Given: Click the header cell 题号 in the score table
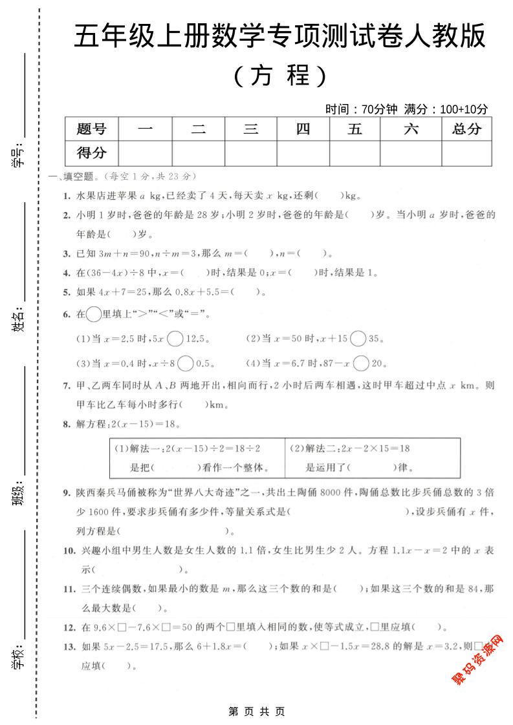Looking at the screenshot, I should pyautogui.click(x=91, y=129).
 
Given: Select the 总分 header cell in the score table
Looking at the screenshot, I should pyautogui.click(x=466, y=129).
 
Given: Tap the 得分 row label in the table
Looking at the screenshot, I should pyautogui.click(x=91, y=153).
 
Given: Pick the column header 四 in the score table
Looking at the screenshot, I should pyautogui.click(x=303, y=129).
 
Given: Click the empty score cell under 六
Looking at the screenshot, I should pyautogui.click(x=411, y=153).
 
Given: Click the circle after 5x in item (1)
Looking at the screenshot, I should pyautogui.click(x=175, y=338).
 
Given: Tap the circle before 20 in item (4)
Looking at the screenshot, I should pyautogui.click(x=362, y=363).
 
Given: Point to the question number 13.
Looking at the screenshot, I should pyautogui.click(x=69, y=646).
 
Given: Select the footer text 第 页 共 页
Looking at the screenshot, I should pyautogui.click(x=257, y=711).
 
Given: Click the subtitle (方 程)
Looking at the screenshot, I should pyautogui.click(x=280, y=76).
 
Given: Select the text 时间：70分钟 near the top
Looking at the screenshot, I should pyautogui.click(x=362, y=109).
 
